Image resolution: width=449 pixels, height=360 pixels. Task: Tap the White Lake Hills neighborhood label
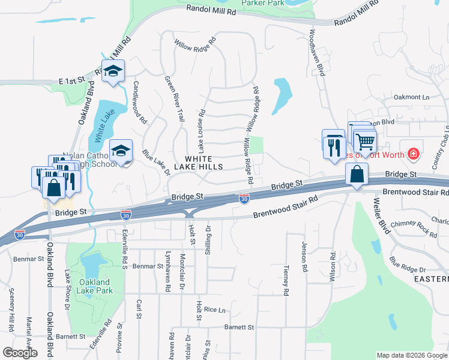pyautogui.click(x=199, y=161)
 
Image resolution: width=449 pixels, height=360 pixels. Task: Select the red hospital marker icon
pyautogui.click(x=413, y=154)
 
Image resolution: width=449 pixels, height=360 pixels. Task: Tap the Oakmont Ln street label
pyautogui.click(x=412, y=97)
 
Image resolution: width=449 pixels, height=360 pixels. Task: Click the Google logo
pyautogui.click(x=20, y=353)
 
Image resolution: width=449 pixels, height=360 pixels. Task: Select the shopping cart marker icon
pyautogui.click(x=364, y=142)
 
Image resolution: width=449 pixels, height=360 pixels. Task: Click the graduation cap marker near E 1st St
pyautogui.click(x=113, y=71)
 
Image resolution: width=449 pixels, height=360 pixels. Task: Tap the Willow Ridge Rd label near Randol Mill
pyautogui.click(x=195, y=44)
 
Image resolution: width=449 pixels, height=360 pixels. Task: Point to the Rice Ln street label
pyautogui.click(x=214, y=310)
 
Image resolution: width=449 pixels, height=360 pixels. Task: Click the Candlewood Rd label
pyautogui.click(x=140, y=103)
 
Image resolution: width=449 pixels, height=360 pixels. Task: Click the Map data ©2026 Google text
pyautogui.click(x=411, y=355)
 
